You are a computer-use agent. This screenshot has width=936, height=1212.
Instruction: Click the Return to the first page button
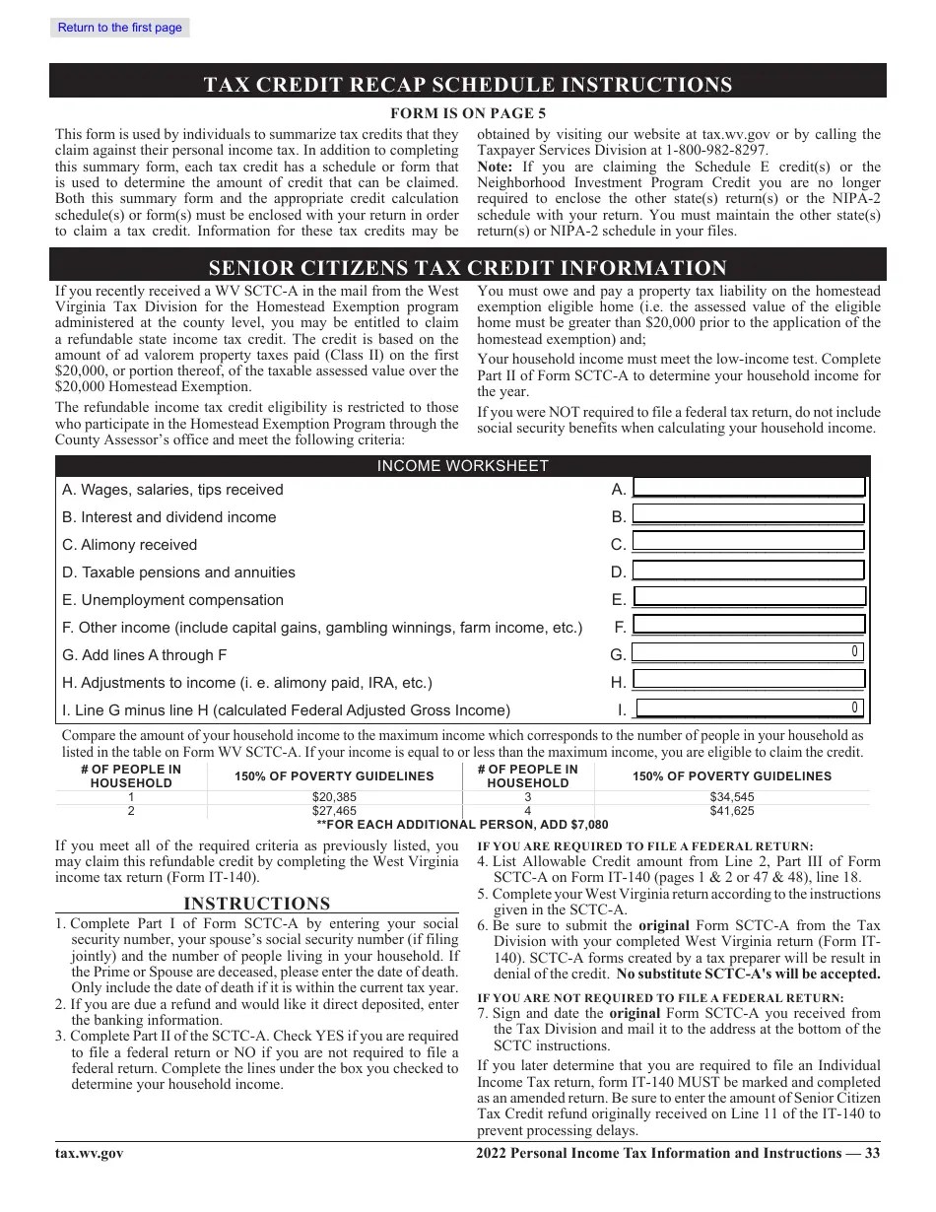pos(119,28)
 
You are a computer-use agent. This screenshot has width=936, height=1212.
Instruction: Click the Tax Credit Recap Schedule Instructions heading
pos(468,84)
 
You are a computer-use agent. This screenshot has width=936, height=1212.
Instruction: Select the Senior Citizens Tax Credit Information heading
pos(468,268)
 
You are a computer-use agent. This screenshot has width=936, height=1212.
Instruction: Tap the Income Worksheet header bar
pos(462,466)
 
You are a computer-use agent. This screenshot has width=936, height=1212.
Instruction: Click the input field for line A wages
pos(748,488)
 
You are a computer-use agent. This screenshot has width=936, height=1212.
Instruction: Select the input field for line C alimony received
pos(748,543)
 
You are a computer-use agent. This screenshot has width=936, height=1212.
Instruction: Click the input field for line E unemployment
pos(748,598)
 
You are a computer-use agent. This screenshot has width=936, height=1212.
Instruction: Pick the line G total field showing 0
pos(748,652)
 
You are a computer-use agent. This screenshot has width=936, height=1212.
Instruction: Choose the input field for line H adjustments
pos(748,680)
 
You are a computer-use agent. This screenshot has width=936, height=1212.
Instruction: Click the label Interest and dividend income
pos(168,517)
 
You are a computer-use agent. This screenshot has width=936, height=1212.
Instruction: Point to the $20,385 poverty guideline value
pos(334,797)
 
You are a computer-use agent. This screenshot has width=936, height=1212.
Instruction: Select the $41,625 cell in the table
pos(732,811)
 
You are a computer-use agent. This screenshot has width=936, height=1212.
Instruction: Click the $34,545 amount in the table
pos(732,797)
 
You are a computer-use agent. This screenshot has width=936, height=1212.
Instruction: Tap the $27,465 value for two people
pos(334,811)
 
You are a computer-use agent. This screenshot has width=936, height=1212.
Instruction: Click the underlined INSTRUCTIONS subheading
pos(257,904)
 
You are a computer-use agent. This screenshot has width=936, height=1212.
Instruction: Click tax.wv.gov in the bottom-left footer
pos(90,1154)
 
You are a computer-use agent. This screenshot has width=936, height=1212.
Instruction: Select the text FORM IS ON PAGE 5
pos(468,113)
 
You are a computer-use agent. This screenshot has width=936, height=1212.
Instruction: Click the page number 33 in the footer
pos(872,1154)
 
